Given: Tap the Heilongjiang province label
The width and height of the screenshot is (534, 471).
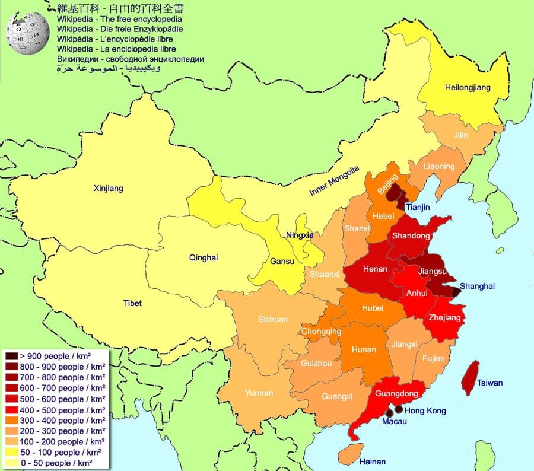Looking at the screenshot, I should pos(468,88).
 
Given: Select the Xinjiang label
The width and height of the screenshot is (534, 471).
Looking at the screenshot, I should pos(108,189).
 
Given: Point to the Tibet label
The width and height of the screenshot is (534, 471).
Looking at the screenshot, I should pos(132,303).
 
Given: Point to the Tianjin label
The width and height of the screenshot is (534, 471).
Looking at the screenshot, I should pos(418,207).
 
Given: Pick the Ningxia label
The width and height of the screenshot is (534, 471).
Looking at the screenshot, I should pos(299,235).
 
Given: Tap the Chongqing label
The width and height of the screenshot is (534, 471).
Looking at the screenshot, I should pos(321,331).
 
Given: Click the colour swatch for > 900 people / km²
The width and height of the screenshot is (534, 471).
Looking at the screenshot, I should pos(11,355).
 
